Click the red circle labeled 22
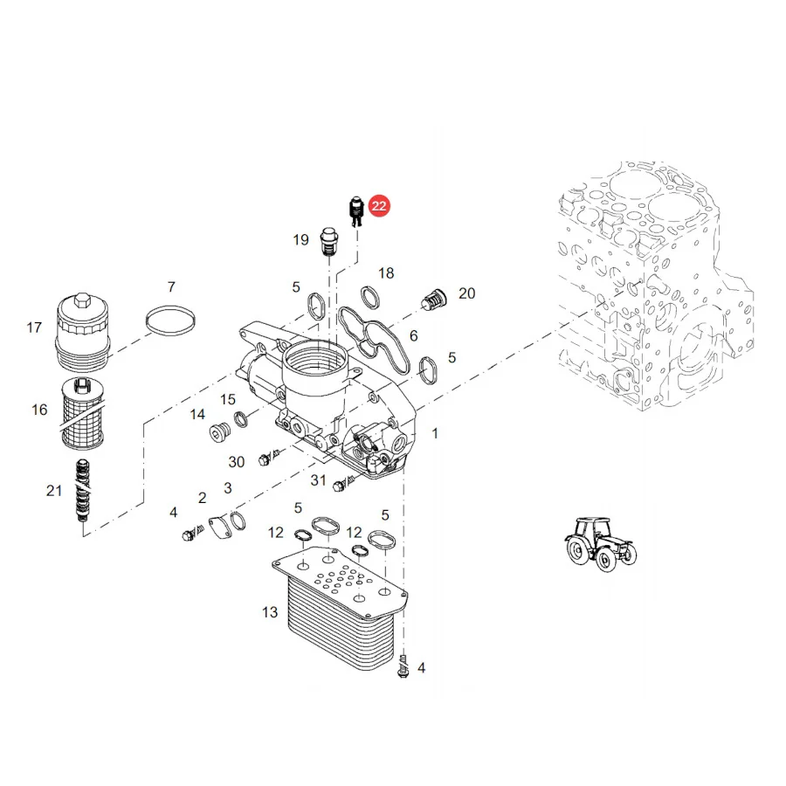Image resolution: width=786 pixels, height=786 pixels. tap(379, 206)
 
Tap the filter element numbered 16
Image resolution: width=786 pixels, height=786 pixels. tap(82, 414)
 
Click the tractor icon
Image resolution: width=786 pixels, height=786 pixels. tap(601, 544)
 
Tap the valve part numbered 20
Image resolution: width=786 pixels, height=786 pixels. tap(433, 300)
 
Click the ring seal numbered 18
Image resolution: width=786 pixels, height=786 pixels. tap(370, 297)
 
